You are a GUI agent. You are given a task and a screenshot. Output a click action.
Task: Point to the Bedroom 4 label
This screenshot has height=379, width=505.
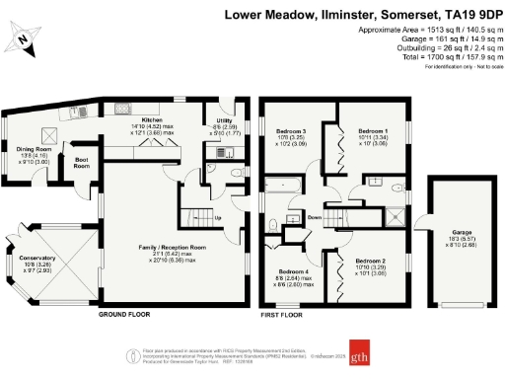tap(293, 271)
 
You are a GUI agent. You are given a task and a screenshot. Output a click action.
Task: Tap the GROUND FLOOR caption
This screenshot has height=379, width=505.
tap(123, 314)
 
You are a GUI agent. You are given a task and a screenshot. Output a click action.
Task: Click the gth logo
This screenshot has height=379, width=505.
tap(364, 354)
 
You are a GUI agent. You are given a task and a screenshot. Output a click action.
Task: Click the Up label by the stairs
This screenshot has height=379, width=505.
tap(218, 218)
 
